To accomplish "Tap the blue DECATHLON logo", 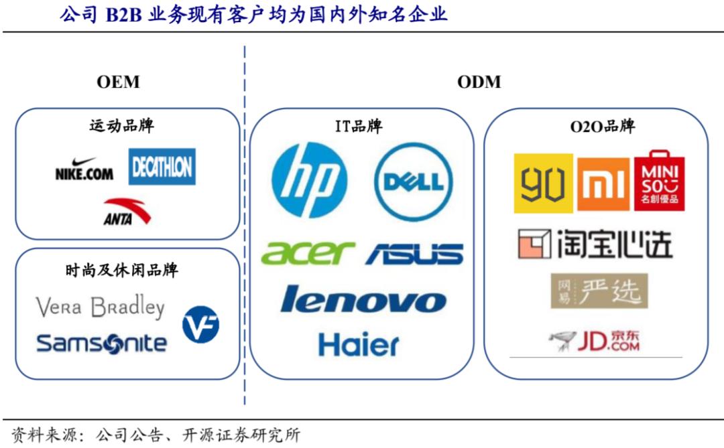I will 162,167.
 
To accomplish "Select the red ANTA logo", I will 127,212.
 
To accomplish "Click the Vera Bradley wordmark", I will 100,307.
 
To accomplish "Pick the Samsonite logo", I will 101,344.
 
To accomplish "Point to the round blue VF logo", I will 200,324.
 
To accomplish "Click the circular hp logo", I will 311,179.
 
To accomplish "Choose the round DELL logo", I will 413,181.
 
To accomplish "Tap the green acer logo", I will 307,252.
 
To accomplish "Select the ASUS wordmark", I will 414,254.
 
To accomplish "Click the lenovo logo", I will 363,299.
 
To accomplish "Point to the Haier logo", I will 359,344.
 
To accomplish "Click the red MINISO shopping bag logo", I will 660,181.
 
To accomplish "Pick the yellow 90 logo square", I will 543,183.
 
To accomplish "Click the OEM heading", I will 118,82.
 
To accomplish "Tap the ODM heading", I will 479,82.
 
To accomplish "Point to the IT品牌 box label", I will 359,126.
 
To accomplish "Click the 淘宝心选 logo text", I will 595,244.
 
